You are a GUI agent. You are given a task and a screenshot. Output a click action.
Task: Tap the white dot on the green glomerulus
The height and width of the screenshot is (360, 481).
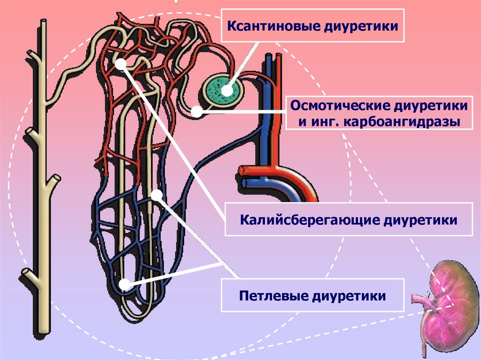point(227,89)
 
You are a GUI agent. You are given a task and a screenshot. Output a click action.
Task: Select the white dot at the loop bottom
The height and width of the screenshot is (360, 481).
point(124,284)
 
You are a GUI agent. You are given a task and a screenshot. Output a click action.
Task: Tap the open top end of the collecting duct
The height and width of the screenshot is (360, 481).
point(43,23)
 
